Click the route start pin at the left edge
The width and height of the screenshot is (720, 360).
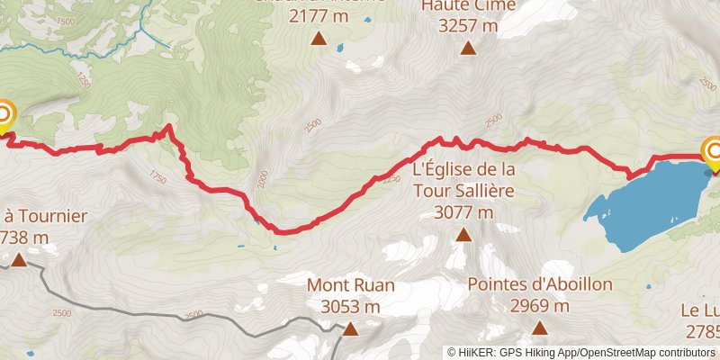[x=4, y=115]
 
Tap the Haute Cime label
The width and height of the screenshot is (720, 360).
[x=468, y=5]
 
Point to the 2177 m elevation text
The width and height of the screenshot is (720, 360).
[x=319, y=14]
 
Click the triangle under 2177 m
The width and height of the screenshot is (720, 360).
[x=319, y=38]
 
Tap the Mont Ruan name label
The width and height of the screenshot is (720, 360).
[x=351, y=285]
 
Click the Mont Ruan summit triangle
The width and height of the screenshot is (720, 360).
[x=351, y=329]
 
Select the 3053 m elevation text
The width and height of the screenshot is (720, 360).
[x=351, y=306]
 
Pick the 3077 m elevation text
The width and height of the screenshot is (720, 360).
[x=463, y=212]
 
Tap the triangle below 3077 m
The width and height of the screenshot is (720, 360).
[x=463, y=236]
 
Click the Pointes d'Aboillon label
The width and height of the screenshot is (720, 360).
[x=540, y=284]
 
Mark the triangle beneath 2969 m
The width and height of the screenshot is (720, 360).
[x=540, y=328]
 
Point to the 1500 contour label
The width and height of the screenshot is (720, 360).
[x=65, y=20]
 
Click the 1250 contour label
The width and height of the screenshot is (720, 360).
[x=85, y=79]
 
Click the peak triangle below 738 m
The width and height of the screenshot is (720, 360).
[x=18, y=261]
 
